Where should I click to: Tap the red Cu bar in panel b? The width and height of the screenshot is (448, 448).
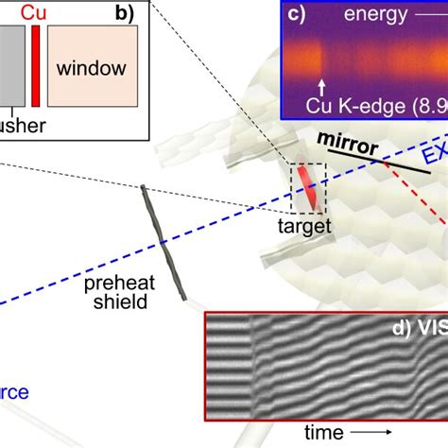click(36, 65)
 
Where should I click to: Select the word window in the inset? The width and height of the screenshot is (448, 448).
click(93, 69)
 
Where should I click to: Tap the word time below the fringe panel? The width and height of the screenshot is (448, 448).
click(325, 432)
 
